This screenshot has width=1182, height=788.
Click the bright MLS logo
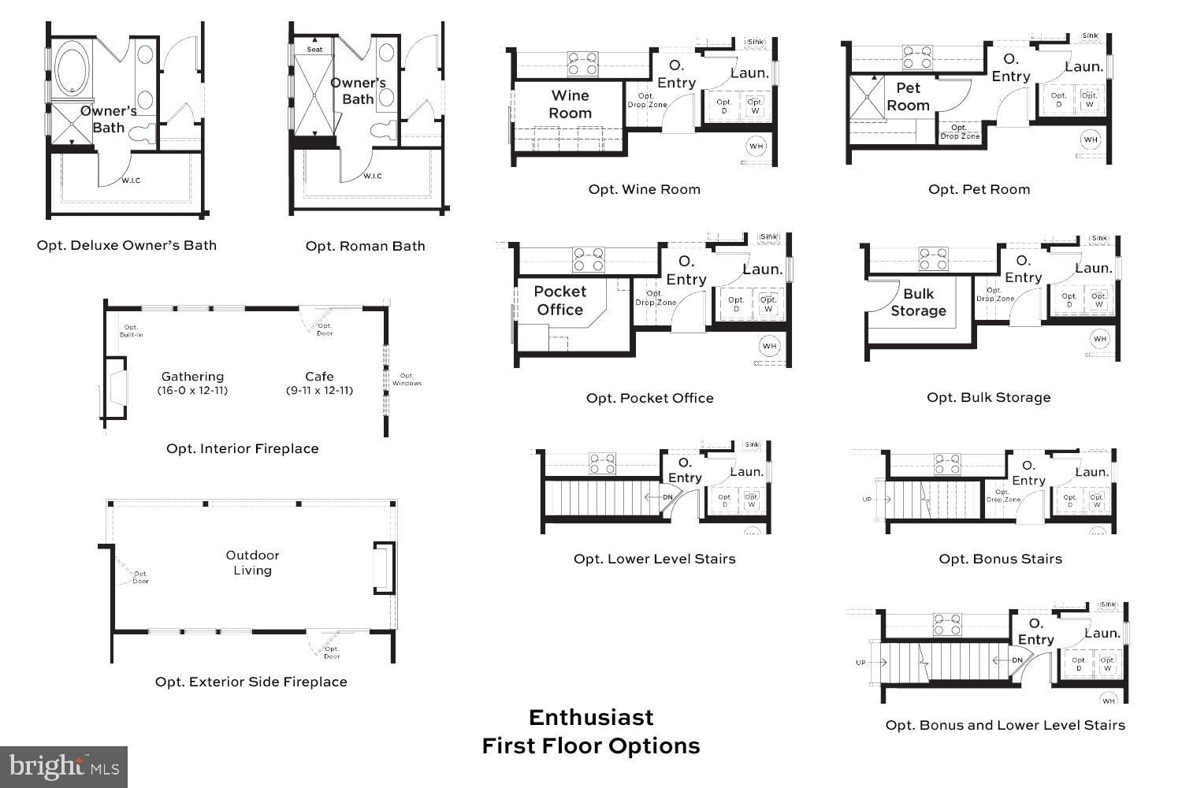pyautogui.click(x=64, y=766)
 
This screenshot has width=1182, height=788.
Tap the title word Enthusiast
pyautogui.click(x=591, y=717)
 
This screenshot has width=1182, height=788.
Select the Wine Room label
pyautogui.click(x=570, y=104)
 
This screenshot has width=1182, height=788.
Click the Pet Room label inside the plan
pyautogui.click(x=908, y=97)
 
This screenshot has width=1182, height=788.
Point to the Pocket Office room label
pyautogui.click(x=559, y=300)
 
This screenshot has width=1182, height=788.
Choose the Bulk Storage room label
pyautogui.click(x=918, y=302)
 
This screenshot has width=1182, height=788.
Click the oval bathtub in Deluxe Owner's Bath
pyautogui.click(x=72, y=72)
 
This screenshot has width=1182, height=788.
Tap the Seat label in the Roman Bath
pyautogui.click(x=314, y=50)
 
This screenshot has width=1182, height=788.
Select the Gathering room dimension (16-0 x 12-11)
pyautogui.click(x=192, y=390)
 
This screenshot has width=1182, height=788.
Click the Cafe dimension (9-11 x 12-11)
pyautogui.click(x=319, y=390)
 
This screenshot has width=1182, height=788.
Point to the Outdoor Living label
pyautogui.click(x=252, y=563)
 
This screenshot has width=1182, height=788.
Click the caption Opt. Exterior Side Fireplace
pyautogui.click(x=251, y=682)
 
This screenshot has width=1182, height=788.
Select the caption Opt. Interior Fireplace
pyautogui.click(x=242, y=448)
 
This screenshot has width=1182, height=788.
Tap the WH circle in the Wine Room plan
pyautogui.click(x=756, y=146)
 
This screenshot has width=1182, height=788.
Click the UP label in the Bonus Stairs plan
pyautogui.click(x=867, y=500)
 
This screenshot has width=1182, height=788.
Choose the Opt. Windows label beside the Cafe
pyautogui.click(x=407, y=379)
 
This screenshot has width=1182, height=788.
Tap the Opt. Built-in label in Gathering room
pyautogui.click(x=131, y=331)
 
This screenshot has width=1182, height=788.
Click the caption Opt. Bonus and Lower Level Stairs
pyautogui.click(x=1005, y=725)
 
